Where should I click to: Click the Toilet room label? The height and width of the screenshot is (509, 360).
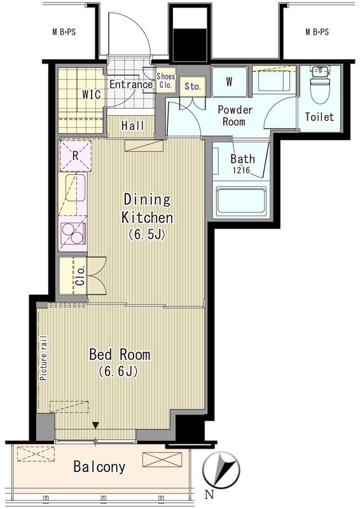(319, 116)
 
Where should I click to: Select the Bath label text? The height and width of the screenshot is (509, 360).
(242, 158)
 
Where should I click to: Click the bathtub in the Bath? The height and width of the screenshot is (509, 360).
(241, 200)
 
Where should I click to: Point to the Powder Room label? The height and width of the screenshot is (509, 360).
(235, 116)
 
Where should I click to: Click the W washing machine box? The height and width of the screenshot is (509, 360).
(230, 81)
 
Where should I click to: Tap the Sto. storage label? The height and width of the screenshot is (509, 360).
(193, 87)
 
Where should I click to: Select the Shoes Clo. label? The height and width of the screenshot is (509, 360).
(166, 81)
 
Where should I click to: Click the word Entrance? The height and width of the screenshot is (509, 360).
(131, 85)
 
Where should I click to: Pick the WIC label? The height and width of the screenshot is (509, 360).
(91, 95)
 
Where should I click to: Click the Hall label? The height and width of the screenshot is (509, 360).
(132, 125)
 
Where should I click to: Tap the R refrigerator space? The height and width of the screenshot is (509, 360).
(75, 155)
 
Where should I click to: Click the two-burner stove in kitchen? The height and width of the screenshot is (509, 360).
(74, 234)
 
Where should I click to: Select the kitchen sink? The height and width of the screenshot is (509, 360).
(76, 188)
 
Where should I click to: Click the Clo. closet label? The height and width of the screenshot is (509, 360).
(80, 275)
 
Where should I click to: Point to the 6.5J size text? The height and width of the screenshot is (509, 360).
(147, 234)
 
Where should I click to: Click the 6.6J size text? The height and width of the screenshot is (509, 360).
(118, 371)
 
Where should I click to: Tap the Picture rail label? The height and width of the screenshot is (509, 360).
(43, 358)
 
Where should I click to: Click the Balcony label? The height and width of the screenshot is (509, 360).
(99, 467)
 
